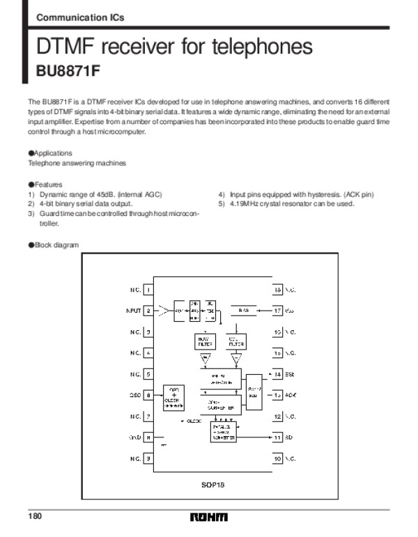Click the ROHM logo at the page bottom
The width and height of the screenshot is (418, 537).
coord(208,517)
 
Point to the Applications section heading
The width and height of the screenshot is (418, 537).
coord(50,153)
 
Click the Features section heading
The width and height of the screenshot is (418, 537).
coord(45,184)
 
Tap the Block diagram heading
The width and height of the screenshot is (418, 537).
coord(54,245)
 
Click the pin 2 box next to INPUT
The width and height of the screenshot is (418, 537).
coord(148,311)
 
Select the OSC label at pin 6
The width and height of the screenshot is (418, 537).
coord(134,396)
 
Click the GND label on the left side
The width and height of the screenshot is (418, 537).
coord(134,437)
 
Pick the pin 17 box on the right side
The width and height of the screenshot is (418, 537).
coord(277,311)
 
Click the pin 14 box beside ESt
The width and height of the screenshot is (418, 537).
coord(277,374)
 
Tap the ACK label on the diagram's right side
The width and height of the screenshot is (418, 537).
coord(291,396)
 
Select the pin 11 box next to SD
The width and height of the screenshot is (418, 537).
coord(277,437)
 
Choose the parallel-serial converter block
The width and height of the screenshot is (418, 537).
coord(224,432)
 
